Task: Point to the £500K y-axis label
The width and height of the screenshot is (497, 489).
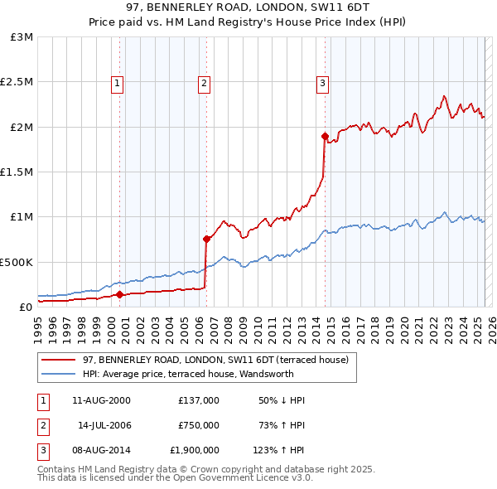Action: pyautogui.click(x=17, y=262)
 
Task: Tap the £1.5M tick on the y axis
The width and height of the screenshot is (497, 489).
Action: pyautogui.click(x=17, y=172)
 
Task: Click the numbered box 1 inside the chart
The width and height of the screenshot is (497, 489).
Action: pyautogui.click(x=118, y=82)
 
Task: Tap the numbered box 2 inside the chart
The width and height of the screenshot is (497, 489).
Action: pyautogui.click(x=204, y=82)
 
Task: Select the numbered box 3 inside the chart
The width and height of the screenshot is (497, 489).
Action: pyautogui.click(x=322, y=82)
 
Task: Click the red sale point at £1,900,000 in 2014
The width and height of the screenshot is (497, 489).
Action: pyautogui.click(x=326, y=136)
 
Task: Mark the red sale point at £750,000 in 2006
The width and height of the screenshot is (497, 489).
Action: pyautogui.click(x=206, y=239)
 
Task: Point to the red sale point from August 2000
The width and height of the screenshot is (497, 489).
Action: pyautogui.click(x=119, y=294)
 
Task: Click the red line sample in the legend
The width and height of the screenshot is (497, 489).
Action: pyautogui.click(x=58, y=360)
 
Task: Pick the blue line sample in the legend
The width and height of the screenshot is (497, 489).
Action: pyautogui.click(x=58, y=374)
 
